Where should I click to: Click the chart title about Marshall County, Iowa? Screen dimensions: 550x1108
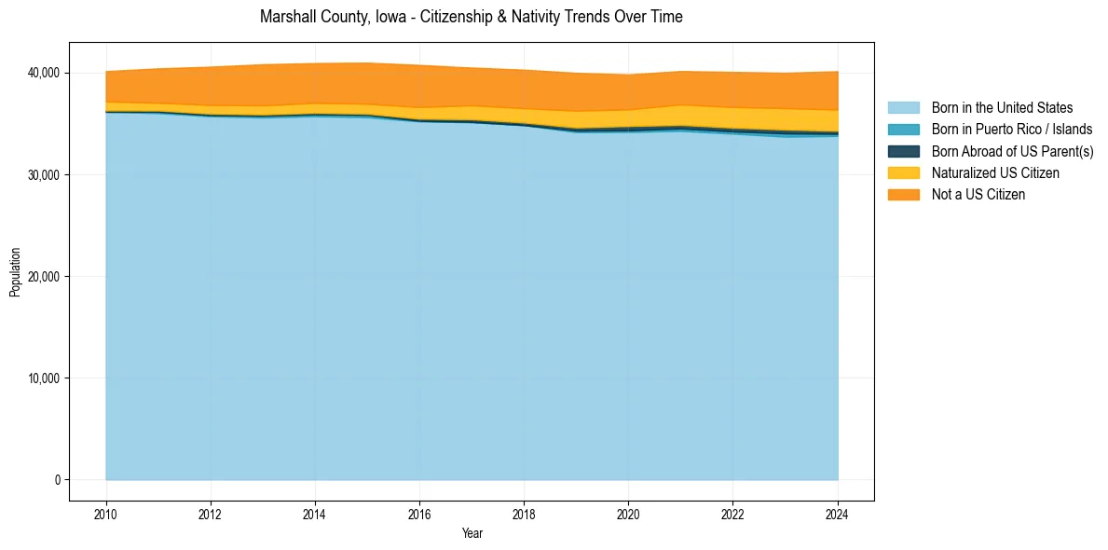point(472,17)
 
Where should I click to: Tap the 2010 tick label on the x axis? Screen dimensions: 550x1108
point(106,514)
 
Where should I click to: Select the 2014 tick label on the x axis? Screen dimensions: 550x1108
point(315,514)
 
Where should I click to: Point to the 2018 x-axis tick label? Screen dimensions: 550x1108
point(524,514)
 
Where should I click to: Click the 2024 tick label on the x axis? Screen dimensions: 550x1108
point(838,514)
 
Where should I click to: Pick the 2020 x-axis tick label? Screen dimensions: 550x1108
point(629,514)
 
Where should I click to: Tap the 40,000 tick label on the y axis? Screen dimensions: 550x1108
point(43,73)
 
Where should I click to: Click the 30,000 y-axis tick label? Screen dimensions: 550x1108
point(43,175)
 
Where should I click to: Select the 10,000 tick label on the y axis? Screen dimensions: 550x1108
point(43,378)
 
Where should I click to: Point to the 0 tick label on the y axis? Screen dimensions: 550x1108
point(57,480)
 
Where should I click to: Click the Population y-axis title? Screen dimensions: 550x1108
point(15,272)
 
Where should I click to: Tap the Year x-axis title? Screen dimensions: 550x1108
point(472,533)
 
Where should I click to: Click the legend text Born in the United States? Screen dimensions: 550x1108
point(1002,108)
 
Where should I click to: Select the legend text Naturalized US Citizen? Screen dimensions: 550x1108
point(995,173)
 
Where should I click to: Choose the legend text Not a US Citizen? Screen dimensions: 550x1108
point(978,195)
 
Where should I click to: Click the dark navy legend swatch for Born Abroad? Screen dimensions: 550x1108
point(903,151)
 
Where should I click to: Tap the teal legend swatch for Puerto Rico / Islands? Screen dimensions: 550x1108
point(903,130)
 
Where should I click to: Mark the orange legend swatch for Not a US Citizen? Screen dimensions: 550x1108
point(903,195)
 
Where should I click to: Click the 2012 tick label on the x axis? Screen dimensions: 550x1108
point(211,514)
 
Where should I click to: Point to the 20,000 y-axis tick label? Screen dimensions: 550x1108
point(43,277)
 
